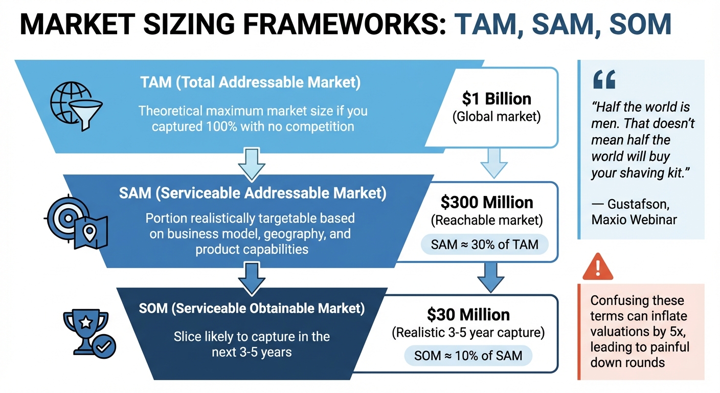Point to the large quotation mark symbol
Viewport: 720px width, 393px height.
604,80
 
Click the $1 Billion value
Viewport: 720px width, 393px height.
497,98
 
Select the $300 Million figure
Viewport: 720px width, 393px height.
486,203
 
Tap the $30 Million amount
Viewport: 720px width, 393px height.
468,314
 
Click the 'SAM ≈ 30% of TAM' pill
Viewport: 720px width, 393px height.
484,245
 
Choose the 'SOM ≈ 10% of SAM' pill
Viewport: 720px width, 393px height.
468,355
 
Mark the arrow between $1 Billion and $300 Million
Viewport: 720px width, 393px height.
494,162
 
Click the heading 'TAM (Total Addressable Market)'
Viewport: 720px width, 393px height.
250,83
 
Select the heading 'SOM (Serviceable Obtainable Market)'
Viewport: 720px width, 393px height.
252,309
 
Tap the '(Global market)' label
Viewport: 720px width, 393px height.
497,117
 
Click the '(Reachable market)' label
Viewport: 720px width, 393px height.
486,221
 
